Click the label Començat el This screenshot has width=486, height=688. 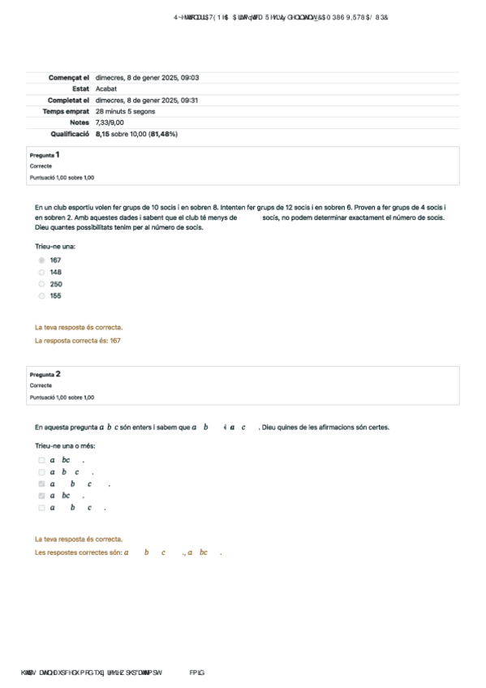point(69,78)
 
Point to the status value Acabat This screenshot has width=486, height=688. point(106,88)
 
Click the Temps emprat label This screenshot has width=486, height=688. point(66,110)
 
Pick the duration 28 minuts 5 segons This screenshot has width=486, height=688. point(129,110)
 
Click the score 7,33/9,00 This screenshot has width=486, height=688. point(110,122)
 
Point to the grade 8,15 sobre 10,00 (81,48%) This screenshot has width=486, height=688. point(136,133)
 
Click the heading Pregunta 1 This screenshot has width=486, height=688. point(45,154)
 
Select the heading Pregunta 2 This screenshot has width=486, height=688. point(45,374)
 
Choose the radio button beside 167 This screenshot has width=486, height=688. point(41,260)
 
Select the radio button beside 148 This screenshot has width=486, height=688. point(41,273)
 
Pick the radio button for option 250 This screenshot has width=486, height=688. point(41,284)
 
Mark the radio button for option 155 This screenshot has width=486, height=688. point(41,296)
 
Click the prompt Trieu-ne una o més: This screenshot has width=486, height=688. point(65,446)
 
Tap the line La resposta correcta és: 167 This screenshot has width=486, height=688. point(78,341)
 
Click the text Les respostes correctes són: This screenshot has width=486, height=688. point(78,553)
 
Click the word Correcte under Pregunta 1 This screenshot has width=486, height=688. point(41,166)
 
